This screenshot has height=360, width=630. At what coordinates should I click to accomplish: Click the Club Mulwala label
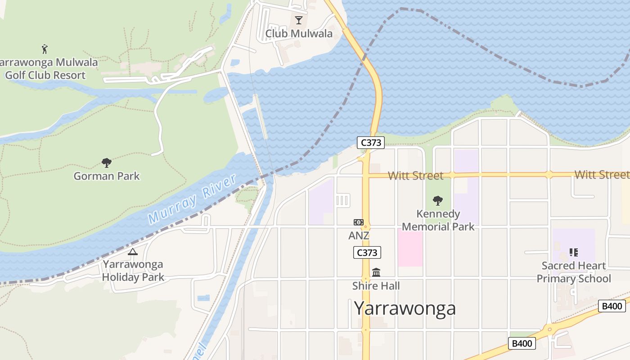(299, 34)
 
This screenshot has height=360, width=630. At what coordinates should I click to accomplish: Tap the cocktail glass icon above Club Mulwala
(298, 20)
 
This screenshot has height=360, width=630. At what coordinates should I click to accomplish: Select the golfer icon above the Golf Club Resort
(45, 49)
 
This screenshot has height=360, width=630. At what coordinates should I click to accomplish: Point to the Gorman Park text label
(107, 176)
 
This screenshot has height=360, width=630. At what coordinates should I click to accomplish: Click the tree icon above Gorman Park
(107, 162)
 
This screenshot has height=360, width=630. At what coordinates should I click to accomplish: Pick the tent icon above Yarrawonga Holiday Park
(132, 252)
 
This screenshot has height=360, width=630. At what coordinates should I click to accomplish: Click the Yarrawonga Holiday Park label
(133, 270)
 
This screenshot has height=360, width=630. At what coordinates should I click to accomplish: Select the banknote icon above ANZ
(359, 222)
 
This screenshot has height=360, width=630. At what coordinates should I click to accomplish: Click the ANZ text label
(359, 235)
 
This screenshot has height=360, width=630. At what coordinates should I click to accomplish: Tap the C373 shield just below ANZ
(367, 252)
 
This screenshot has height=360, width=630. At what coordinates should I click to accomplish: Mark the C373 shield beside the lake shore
(371, 143)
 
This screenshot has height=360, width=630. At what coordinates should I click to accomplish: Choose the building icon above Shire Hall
(376, 272)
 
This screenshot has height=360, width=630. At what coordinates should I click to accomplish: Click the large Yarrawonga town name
(405, 309)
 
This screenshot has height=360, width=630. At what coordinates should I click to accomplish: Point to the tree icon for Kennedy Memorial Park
(438, 201)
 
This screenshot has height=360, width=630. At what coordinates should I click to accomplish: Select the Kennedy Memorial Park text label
(438, 220)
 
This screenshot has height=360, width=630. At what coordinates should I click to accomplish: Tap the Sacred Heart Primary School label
(574, 272)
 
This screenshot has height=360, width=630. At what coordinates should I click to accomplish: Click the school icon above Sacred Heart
(574, 252)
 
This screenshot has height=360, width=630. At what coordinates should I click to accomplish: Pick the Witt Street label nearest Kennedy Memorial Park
(415, 175)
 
